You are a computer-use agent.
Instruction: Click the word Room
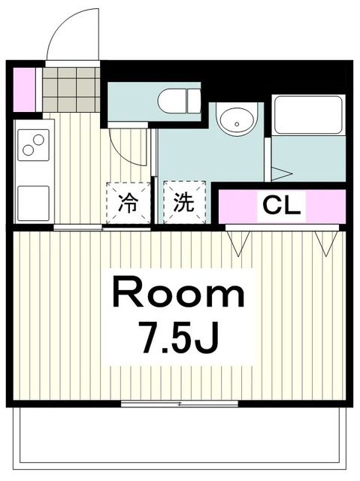[179, 294]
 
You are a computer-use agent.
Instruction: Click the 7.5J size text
[179, 336]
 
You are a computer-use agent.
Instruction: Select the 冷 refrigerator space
[128, 203]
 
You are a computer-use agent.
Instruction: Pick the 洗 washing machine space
[183, 203]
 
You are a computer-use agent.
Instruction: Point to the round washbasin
[237, 120]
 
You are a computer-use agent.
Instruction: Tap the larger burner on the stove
[38, 138]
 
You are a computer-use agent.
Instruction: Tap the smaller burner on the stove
[28, 151]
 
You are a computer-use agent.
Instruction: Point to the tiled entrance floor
[71, 89]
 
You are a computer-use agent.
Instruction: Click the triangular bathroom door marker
[280, 174]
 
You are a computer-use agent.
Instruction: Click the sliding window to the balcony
[180, 404]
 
